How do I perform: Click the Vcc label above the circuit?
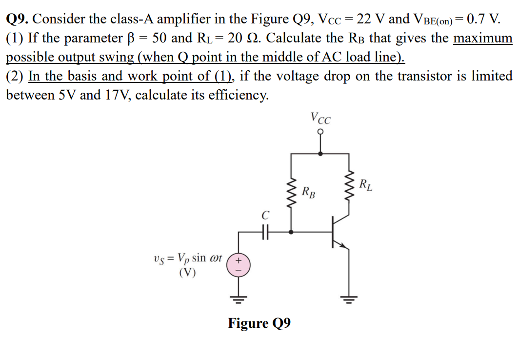(320, 119)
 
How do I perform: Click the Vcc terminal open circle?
(320, 131)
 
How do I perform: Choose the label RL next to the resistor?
(366, 185)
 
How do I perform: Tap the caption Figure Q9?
(259, 323)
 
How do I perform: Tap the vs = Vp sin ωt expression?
(187, 258)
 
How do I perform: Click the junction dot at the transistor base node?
(292, 232)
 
